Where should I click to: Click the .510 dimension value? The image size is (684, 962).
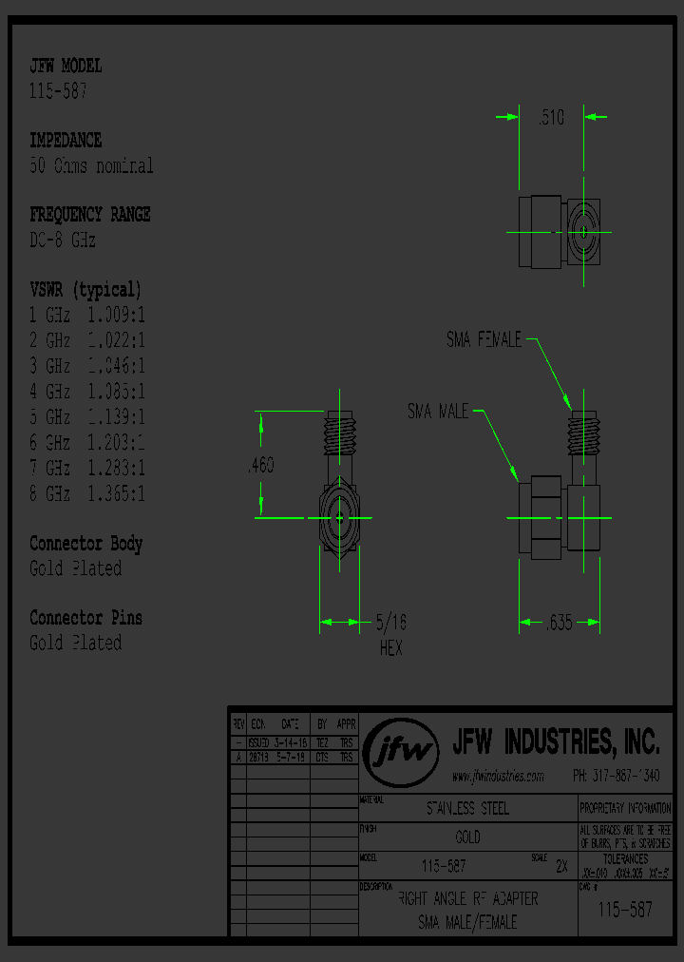pyautogui.click(x=551, y=118)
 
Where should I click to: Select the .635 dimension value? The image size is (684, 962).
pyautogui.click(x=560, y=624)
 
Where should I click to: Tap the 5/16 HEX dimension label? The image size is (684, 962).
pyautogui.click(x=390, y=636)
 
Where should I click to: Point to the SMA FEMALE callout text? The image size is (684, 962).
pyautogui.click(x=484, y=339)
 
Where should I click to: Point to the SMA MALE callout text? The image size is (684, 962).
pyautogui.click(x=438, y=412)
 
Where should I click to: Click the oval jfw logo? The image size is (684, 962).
pyautogui.click(x=403, y=751)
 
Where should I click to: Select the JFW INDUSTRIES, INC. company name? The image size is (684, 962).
pyautogui.click(x=555, y=741)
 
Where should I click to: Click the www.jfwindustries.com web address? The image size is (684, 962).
pyautogui.click(x=498, y=777)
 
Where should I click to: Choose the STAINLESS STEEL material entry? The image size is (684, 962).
pyautogui.click(x=467, y=809)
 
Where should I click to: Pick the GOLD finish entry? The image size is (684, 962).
pyautogui.click(x=467, y=837)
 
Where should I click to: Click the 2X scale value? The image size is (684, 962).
pyautogui.click(x=560, y=867)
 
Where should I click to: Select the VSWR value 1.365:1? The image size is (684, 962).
pyautogui.click(x=116, y=493)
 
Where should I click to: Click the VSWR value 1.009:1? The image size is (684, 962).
pyautogui.click(x=116, y=315)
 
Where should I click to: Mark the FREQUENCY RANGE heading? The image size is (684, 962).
pyautogui.click(x=90, y=215)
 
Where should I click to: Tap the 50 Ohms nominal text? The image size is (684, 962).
pyautogui.click(x=91, y=166)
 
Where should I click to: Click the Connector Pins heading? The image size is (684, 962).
pyautogui.click(x=85, y=618)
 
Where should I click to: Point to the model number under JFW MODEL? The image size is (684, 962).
pyautogui.click(x=59, y=91)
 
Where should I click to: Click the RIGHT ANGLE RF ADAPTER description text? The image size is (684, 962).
pyautogui.click(x=467, y=898)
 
